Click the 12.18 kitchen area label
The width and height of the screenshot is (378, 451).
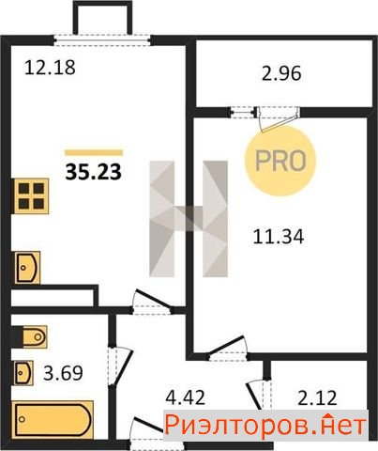click(50, 68)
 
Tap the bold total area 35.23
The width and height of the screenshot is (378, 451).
click(93, 172)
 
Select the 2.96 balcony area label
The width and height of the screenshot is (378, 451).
click(281, 74)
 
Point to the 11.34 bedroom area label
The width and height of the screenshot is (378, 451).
click(279, 237)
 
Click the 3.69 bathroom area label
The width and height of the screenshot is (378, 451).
click(63, 373)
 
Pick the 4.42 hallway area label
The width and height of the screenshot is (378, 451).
click(185, 397)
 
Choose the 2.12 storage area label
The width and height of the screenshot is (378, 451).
click(317, 397)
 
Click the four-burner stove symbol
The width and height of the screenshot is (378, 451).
click(31, 196)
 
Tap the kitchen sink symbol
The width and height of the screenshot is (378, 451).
click(26, 268)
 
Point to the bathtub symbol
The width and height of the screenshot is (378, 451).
click(53, 419)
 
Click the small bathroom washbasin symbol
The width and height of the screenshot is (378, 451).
click(23, 373)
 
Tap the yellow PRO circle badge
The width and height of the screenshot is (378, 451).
click(280, 161)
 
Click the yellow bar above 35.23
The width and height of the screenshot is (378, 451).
click(94, 152)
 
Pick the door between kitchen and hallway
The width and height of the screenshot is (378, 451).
click(152, 303)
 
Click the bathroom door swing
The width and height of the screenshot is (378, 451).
click(120, 366)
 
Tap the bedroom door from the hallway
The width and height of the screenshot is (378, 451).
click(228, 349)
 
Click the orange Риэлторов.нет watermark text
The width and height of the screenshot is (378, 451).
click(265, 426)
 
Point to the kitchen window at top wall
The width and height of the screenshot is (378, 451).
click(102, 40)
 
